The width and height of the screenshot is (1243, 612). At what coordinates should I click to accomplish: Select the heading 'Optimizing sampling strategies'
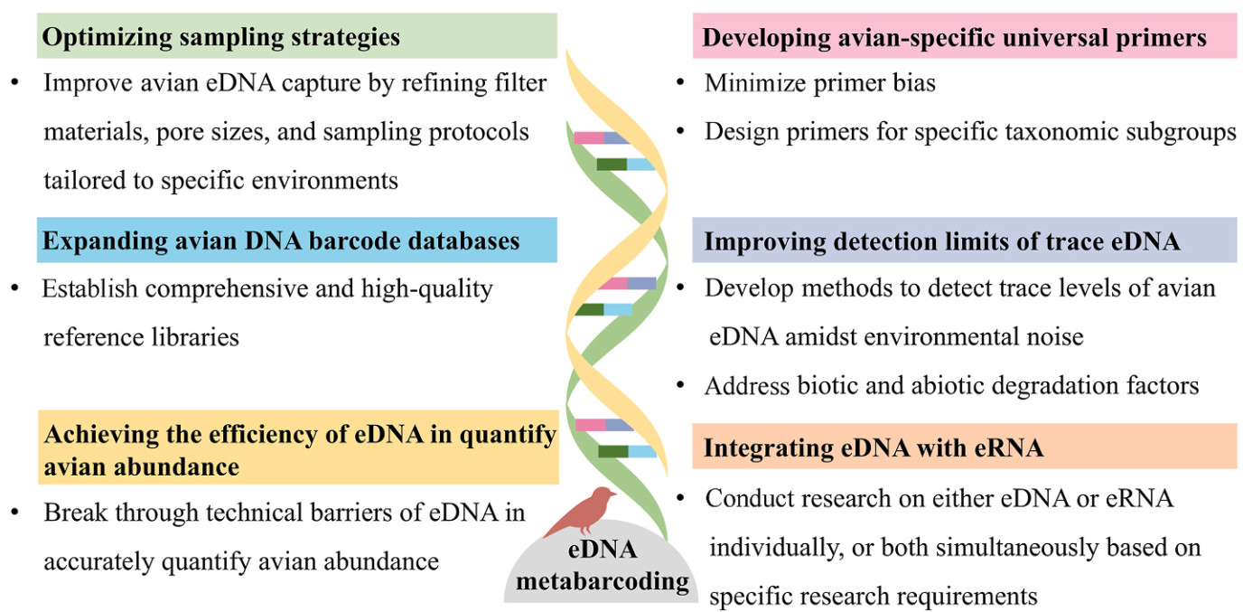click(x=221, y=38)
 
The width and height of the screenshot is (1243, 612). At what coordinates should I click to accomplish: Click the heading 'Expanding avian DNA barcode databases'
click(x=281, y=241)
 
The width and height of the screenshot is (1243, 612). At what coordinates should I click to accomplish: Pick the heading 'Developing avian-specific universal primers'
click(x=955, y=38)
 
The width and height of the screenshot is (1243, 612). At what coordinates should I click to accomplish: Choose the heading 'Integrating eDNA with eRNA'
click(x=874, y=447)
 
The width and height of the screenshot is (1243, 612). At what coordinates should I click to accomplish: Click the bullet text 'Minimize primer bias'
click(x=819, y=84)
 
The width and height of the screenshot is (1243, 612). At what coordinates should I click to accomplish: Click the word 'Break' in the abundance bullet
click(x=74, y=513)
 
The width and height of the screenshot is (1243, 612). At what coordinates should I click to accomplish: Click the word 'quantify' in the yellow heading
click(x=509, y=435)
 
